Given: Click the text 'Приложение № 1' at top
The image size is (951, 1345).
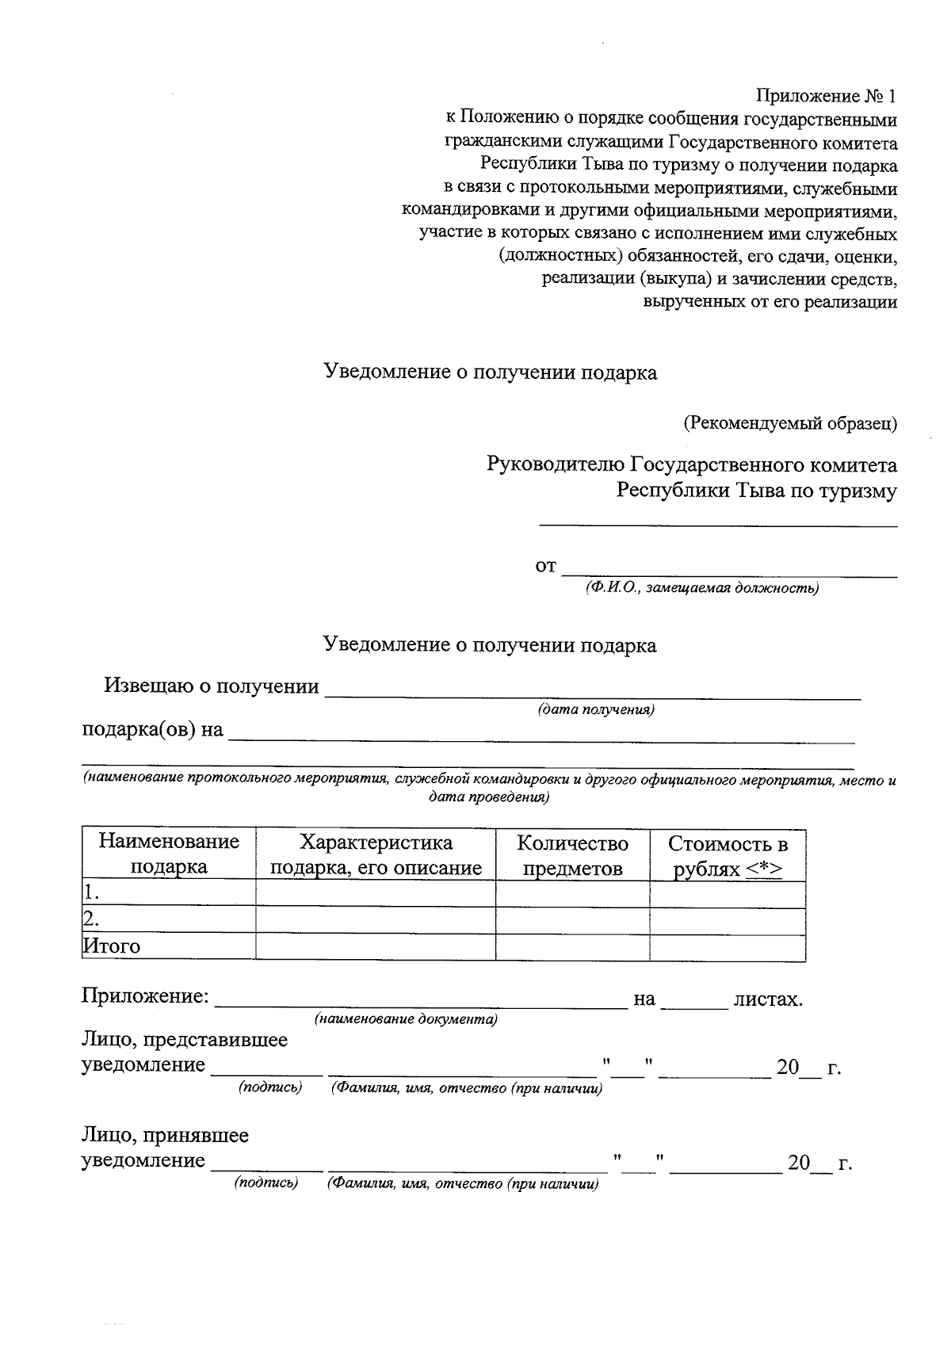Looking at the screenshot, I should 826,97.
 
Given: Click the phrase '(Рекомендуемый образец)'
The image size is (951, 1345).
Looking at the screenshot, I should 790,423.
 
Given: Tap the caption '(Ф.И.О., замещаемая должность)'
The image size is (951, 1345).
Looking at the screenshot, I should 701,588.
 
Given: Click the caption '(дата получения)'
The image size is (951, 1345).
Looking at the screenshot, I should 595,709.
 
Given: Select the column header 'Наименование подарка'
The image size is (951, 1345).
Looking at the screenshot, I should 169,854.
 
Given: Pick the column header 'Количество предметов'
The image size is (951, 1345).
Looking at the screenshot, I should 572,854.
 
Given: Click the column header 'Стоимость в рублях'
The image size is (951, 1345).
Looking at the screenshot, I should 728,855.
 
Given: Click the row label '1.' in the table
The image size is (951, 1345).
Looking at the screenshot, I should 92,893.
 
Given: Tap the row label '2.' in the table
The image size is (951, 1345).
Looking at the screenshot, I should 92,919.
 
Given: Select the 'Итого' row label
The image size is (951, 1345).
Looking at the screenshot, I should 112,946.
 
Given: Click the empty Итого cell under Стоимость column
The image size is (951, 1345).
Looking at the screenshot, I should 728,947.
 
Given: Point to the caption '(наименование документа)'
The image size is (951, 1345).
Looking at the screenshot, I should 406,1019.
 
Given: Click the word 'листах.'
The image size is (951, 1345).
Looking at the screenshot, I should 768,999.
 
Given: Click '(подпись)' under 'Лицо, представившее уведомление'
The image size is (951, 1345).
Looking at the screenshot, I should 270,1087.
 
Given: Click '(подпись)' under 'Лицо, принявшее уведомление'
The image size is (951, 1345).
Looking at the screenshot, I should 265,1183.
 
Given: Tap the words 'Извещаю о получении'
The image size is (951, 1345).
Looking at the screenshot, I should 212,686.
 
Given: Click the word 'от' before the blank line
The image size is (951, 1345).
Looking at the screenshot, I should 545,567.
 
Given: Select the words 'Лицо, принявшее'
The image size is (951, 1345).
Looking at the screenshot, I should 165,1135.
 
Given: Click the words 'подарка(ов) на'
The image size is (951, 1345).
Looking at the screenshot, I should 153,729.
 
